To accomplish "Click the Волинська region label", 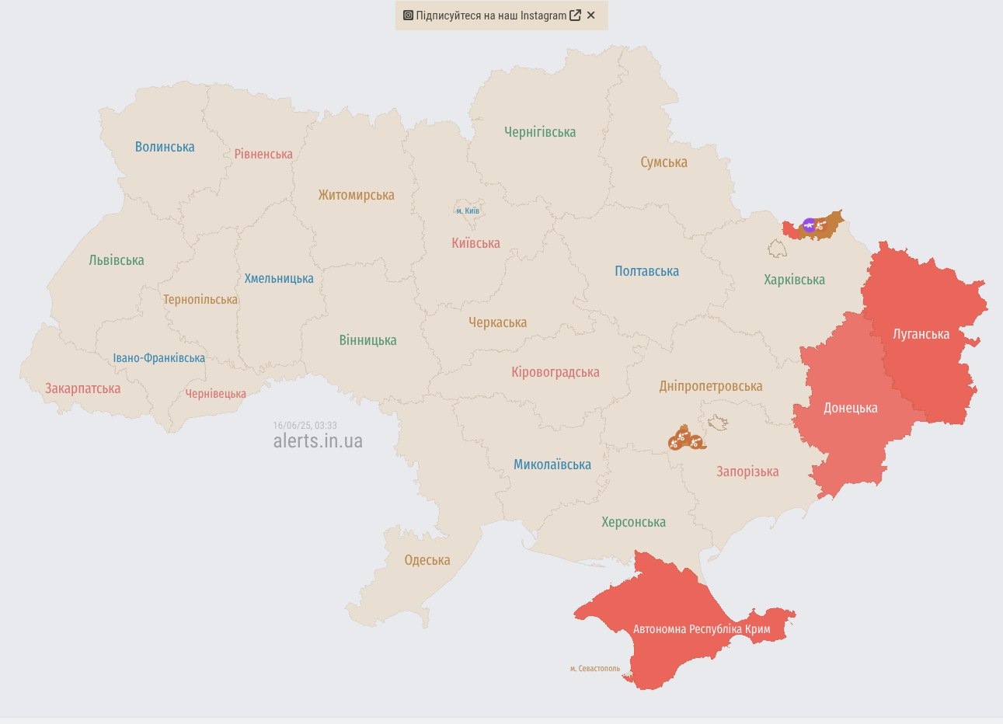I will [x=165, y=147].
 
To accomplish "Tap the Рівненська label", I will [x=263, y=154].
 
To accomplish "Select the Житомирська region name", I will [x=356, y=195].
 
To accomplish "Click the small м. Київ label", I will [x=468, y=211].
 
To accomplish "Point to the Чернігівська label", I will [x=540, y=132].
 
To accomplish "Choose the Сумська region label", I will [x=663, y=162].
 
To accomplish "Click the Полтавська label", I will [x=646, y=271].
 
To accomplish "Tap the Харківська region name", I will [x=794, y=280].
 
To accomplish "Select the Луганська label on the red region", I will [x=921, y=334].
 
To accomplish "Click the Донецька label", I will [x=850, y=408].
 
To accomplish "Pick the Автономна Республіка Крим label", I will [x=702, y=629].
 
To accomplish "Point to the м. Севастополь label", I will [x=595, y=668].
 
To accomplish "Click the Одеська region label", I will [x=427, y=560].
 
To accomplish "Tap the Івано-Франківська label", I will [x=159, y=358].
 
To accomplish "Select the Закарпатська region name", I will [x=82, y=388].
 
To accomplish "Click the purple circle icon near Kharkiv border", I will [x=809, y=225].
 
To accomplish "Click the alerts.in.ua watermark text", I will [x=318, y=441].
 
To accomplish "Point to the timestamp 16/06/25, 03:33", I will [x=305, y=426].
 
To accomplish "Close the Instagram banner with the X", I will [x=590, y=16].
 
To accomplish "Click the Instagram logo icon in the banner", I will [x=408, y=16].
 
